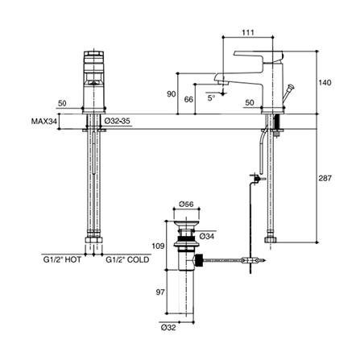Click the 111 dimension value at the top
tap(248, 32)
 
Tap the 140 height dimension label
tap(325, 82)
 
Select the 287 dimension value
tap(325, 178)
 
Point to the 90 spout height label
tap(172, 94)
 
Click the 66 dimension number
tap(188, 99)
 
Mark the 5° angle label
tap(211, 98)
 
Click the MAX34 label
tap(44, 122)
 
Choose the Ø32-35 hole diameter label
tap(118, 121)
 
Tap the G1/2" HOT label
tap(62, 259)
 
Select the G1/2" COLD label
tap(127, 259)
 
